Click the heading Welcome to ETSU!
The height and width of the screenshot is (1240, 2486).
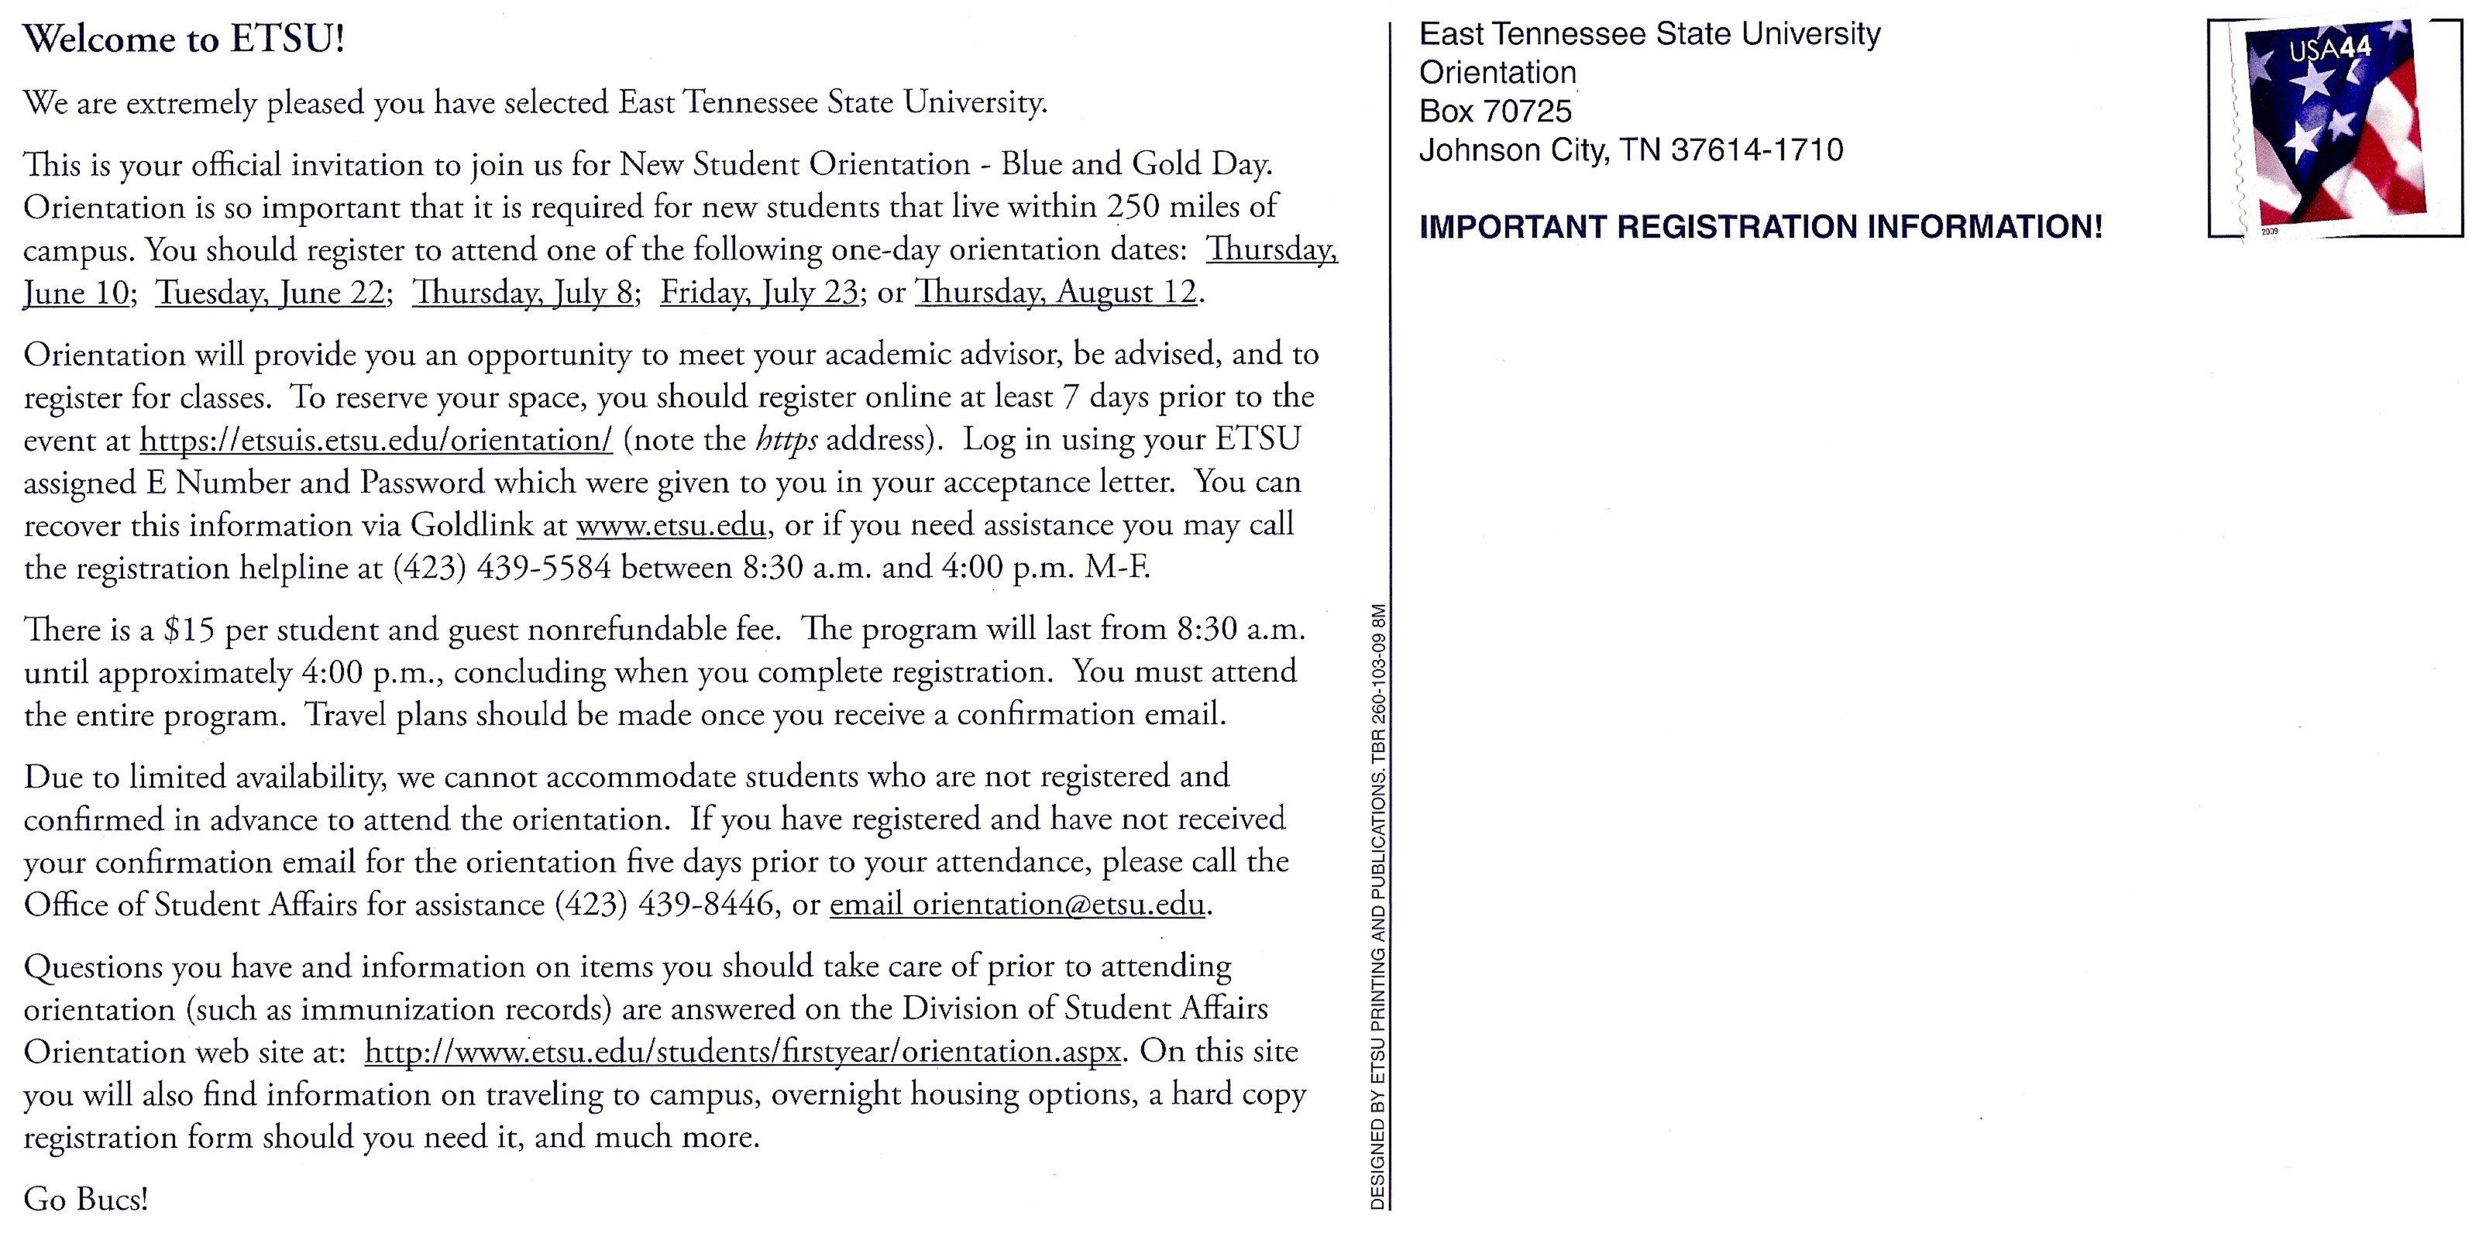[x=184, y=40]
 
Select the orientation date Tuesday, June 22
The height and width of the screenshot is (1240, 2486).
[x=270, y=293]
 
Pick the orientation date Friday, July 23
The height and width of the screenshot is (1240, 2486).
[x=758, y=293]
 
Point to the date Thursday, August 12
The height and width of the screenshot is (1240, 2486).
[x=1056, y=293]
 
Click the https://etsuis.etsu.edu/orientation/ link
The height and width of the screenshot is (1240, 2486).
[x=376, y=440]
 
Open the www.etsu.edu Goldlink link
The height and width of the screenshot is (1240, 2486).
[x=672, y=526]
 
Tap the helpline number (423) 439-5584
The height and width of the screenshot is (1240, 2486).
[x=501, y=568]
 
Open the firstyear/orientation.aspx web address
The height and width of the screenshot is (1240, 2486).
[x=742, y=1052]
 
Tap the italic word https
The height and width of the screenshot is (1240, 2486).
[x=786, y=441]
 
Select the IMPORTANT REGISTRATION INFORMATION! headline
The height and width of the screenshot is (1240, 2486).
[x=1760, y=228]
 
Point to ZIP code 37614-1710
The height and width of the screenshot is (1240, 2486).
[x=1756, y=150]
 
